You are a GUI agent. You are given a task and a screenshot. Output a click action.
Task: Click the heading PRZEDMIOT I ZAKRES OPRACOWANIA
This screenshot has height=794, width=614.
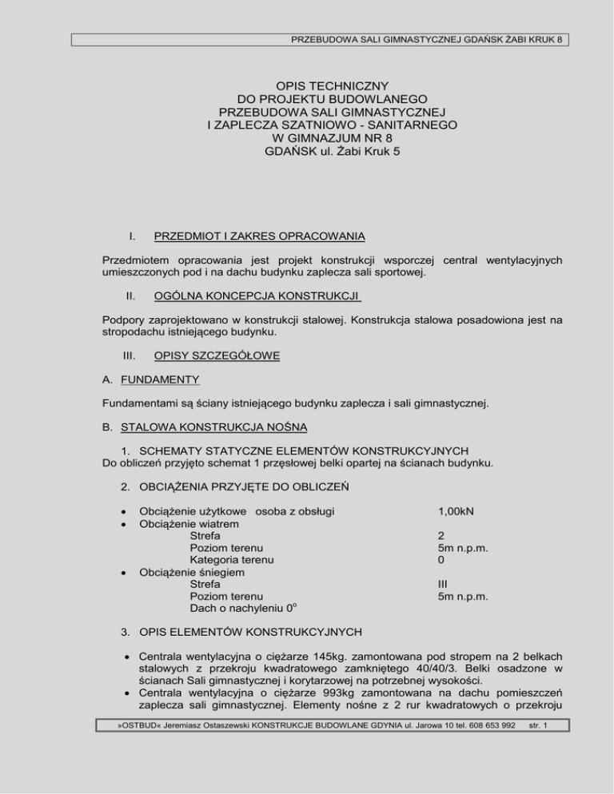pyautogui.click(x=260, y=236)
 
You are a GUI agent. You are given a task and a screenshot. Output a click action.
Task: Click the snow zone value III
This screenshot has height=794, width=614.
pyautogui.click(x=443, y=584)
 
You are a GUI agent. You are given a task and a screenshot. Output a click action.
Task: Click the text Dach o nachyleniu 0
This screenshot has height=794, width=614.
pyautogui.click(x=231, y=608)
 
